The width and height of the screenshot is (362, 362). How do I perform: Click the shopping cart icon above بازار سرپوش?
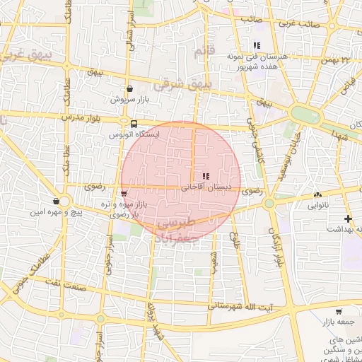coord(129,89)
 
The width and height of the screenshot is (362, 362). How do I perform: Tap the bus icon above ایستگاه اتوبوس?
coord(134,122)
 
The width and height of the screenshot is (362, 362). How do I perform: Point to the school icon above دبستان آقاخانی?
coord(205,176)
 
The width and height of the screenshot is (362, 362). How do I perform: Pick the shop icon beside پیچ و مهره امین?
coord(56,202)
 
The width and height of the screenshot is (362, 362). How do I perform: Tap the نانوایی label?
coord(317,206)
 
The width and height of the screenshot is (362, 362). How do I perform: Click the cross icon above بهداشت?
coord(347,218)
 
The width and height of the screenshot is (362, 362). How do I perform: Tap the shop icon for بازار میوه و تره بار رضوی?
coord(124,192)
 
